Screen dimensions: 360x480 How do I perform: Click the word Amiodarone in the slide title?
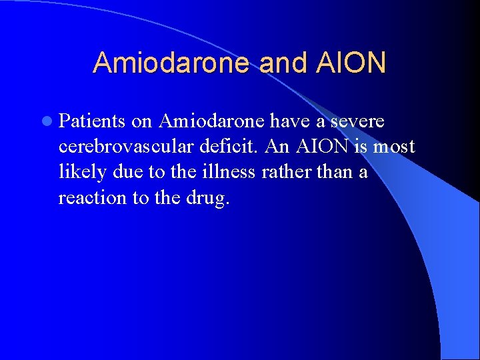(x=171, y=63)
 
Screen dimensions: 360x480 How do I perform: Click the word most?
(x=394, y=147)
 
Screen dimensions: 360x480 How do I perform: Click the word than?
(x=335, y=173)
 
